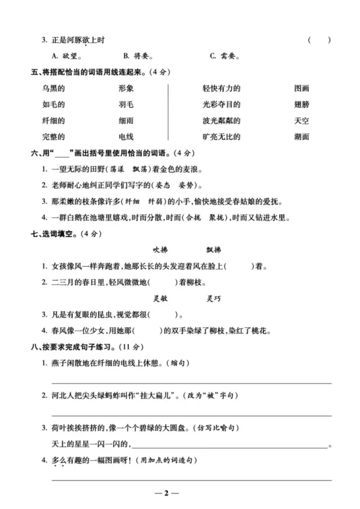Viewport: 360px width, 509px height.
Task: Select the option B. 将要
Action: [x=137, y=56]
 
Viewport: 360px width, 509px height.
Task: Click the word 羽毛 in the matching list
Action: [x=126, y=104]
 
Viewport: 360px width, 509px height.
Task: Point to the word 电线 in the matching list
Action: [x=126, y=137]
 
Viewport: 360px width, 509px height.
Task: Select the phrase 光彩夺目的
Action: [x=221, y=104]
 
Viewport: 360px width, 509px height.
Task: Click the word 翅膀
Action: [x=301, y=104]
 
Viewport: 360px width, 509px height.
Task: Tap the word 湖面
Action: [x=301, y=137]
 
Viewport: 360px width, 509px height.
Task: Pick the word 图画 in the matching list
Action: [x=301, y=88]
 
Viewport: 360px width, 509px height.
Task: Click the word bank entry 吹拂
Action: [x=160, y=249]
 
